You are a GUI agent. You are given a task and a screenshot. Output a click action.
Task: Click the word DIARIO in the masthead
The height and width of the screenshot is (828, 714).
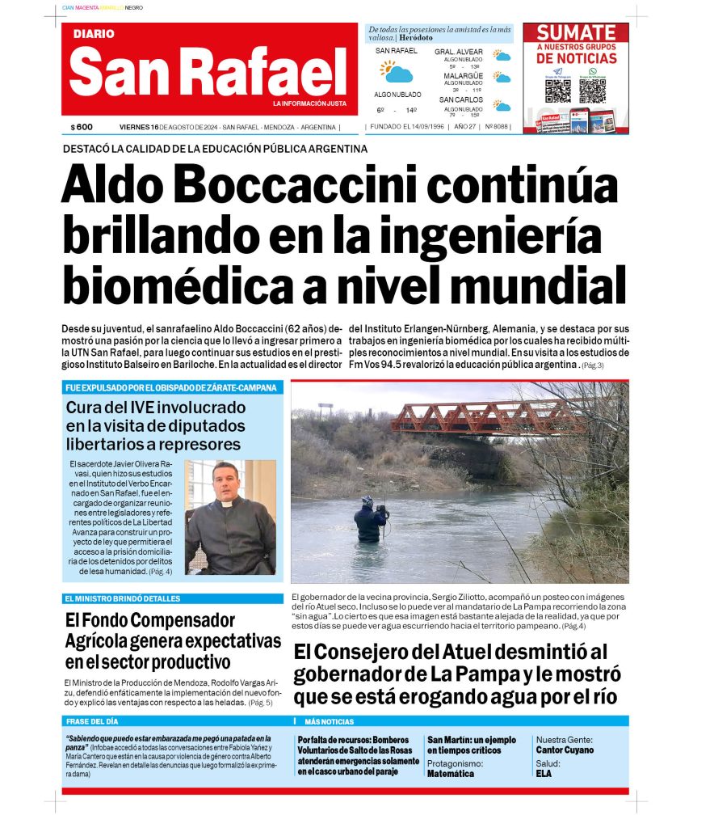(x=94, y=34)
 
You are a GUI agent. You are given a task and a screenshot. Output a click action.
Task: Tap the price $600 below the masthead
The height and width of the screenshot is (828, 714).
(x=82, y=127)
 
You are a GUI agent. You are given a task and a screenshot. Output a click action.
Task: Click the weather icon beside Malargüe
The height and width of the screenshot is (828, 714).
(x=502, y=78)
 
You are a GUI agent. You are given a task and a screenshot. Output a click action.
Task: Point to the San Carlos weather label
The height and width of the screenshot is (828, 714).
(x=462, y=99)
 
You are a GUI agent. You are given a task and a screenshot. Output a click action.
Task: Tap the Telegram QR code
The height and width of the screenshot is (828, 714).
(x=557, y=90)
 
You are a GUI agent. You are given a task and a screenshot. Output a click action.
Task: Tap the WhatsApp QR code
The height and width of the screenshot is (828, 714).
(x=592, y=90)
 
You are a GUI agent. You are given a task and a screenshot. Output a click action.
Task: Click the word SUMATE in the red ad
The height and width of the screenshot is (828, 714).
(x=576, y=33)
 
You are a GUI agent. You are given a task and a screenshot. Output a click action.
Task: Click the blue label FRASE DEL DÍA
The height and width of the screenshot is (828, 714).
(x=92, y=721)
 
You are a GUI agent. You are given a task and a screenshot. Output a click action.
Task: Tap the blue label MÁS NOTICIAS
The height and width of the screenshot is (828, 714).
(x=330, y=721)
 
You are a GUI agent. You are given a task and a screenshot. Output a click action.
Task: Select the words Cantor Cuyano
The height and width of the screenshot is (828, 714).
(x=565, y=750)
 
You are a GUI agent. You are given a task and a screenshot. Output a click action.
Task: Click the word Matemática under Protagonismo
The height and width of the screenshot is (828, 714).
(x=451, y=774)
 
